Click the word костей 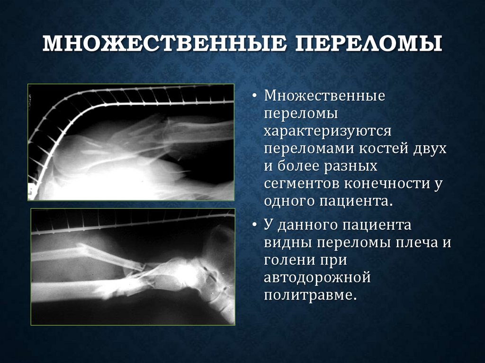coord(381,148)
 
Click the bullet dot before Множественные coord(254,96)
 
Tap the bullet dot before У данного coord(254,225)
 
